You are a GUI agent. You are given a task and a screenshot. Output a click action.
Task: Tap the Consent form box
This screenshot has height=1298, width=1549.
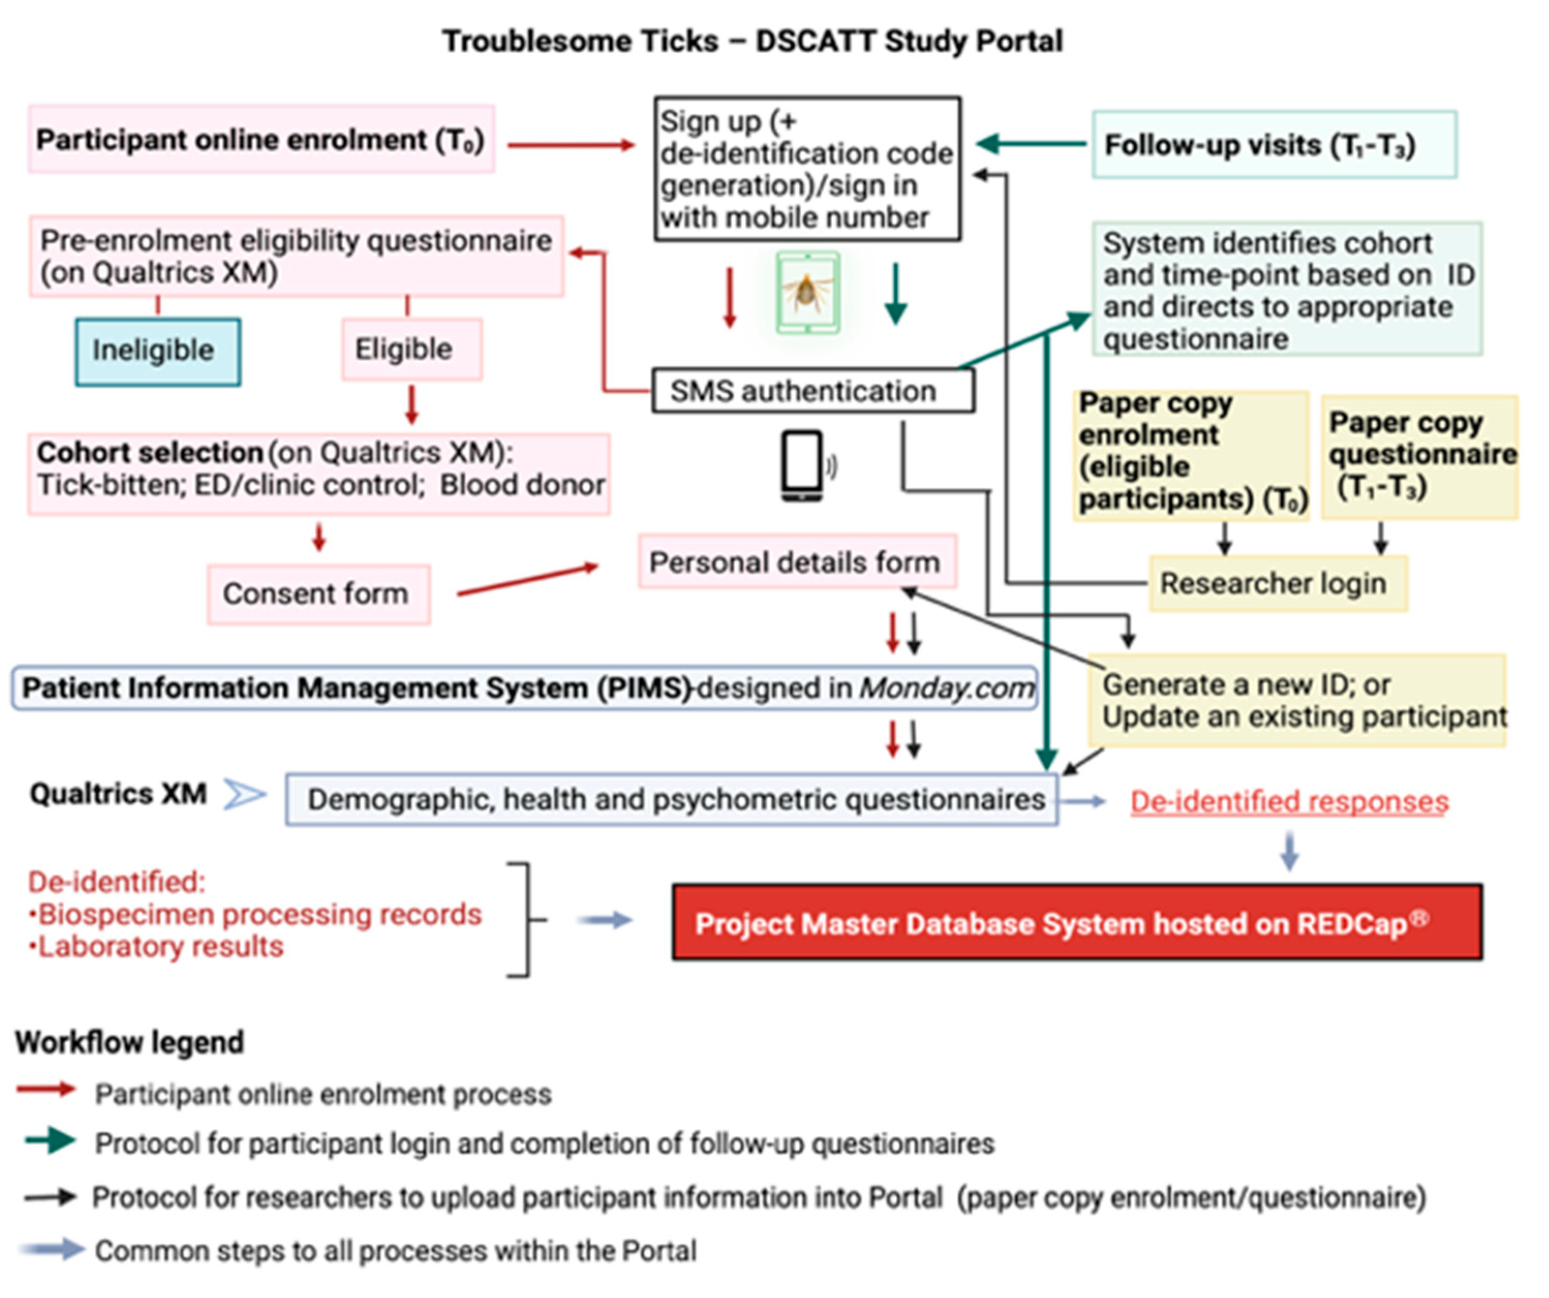(318, 594)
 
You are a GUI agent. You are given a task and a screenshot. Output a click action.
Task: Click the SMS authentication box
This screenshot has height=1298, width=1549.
(811, 391)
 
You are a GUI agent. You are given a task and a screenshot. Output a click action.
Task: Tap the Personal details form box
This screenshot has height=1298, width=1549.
(796, 563)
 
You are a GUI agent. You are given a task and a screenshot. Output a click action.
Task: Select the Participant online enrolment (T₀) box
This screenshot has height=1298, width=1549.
(261, 140)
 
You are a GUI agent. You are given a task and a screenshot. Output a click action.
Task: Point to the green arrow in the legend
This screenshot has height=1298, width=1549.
(50, 1141)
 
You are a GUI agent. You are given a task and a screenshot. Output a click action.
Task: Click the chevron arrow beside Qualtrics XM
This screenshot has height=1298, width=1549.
(244, 794)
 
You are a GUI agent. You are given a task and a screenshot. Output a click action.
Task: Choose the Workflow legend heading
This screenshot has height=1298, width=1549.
(130, 1042)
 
